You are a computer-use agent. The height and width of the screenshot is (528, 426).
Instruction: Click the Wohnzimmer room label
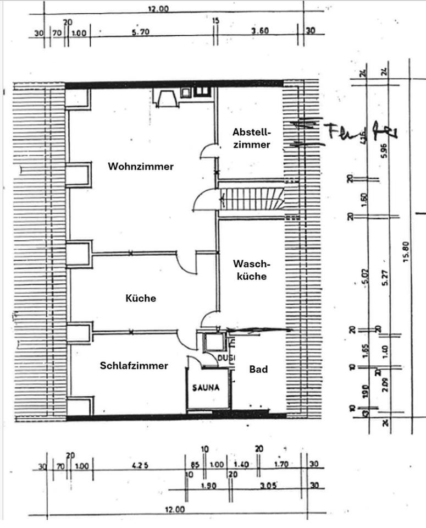(141, 166)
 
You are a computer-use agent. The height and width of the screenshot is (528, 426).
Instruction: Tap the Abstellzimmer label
(251, 139)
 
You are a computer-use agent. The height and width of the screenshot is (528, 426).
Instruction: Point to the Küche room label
(141, 299)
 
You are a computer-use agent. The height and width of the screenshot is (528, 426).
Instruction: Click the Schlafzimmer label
(134, 366)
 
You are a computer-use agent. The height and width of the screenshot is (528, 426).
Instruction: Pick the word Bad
(258, 369)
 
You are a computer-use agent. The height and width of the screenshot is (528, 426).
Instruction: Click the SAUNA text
(206, 387)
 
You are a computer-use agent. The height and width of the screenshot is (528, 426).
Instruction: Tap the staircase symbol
(252, 198)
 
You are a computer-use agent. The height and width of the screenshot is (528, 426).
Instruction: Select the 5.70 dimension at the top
(141, 32)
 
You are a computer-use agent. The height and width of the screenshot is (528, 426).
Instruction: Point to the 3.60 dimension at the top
(260, 31)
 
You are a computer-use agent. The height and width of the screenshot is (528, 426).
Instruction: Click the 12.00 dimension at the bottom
(174, 510)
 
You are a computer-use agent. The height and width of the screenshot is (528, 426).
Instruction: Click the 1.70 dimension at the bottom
(281, 465)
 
